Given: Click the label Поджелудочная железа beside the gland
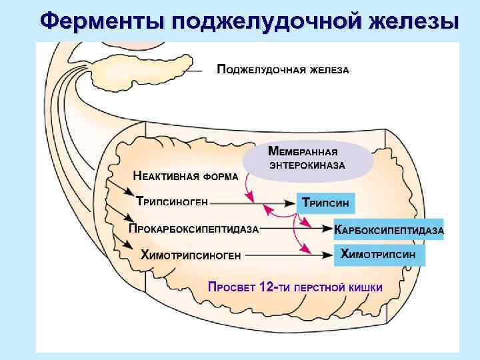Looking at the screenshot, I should (x=283, y=70).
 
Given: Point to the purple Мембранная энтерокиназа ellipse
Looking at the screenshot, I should (x=306, y=159).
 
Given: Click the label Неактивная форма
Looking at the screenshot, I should (x=185, y=177).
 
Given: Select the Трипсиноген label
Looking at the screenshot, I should (x=172, y=201).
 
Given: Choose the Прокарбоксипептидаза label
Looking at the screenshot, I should (x=193, y=229).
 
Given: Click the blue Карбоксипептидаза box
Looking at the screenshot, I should (x=388, y=229).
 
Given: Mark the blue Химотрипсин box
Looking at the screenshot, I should (x=378, y=254).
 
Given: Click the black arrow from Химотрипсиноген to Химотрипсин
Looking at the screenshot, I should (x=287, y=254).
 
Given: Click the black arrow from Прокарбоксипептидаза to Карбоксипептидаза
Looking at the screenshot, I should (x=293, y=229).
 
